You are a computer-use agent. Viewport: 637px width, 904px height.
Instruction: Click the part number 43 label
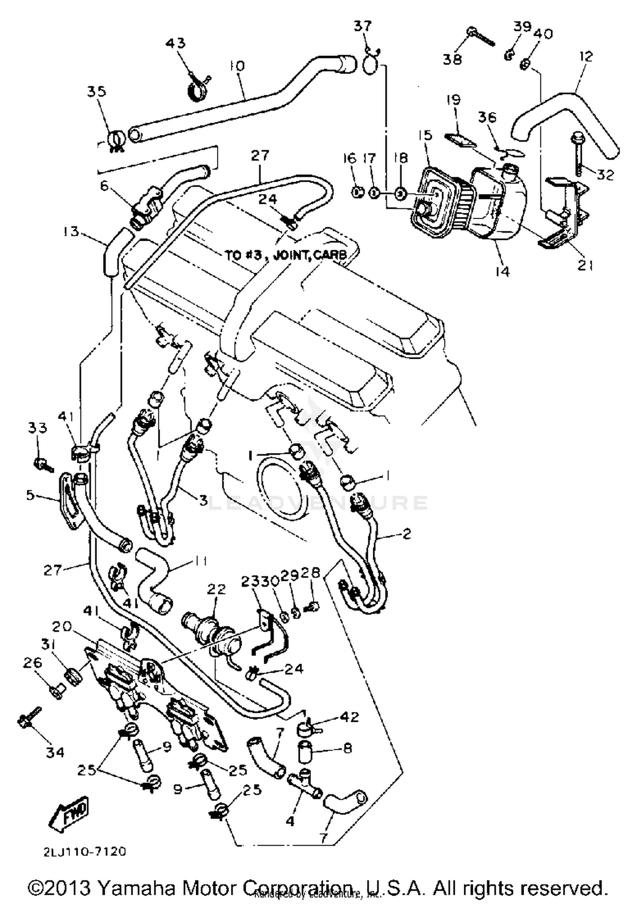pyautogui.click(x=176, y=43)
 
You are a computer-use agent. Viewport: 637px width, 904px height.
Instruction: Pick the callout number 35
pyautogui.click(x=97, y=91)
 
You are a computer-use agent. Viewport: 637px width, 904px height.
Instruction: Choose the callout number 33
pyautogui.click(x=37, y=428)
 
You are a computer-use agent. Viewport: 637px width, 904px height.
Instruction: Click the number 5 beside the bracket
pyautogui.click(x=30, y=495)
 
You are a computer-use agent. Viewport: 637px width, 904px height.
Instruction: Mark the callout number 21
pyautogui.click(x=585, y=265)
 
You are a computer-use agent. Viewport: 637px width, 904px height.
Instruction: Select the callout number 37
pyautogui.click(x=363, y=26)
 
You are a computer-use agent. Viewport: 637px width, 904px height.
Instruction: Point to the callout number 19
pyautogui.click(x=454, y=100)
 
